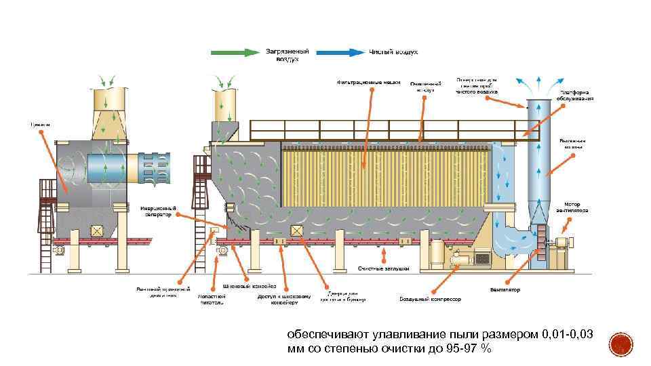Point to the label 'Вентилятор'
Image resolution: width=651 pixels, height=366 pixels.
click(505, 290)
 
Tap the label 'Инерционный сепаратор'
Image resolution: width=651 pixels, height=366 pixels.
click(158, 211)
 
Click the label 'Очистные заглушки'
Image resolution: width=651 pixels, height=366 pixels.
click(384, 269)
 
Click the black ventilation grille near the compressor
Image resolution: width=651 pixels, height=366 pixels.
click(483, 259)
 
